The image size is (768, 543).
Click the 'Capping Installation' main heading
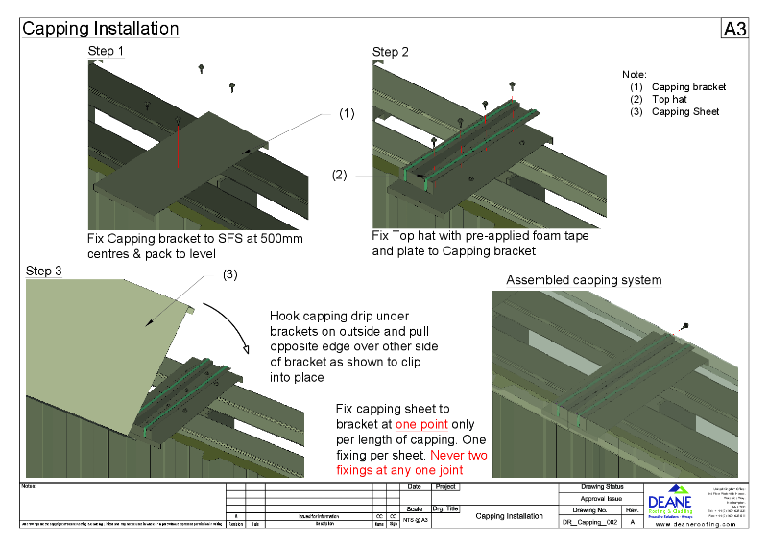[100, 29]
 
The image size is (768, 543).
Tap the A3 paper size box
[733, 29]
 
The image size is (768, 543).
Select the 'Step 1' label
[106, 51]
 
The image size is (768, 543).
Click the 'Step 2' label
[391, 52]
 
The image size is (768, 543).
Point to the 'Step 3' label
[43, 271]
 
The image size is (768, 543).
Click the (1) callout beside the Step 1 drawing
[347, 113]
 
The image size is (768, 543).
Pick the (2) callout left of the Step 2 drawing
[339, 176]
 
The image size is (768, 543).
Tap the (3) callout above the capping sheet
[230, 275]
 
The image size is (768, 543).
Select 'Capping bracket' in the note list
[688, 87]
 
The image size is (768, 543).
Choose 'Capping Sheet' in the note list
[684, 112]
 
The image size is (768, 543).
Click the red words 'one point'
[420, 424]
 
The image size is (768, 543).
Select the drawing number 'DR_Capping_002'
[588, 522]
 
